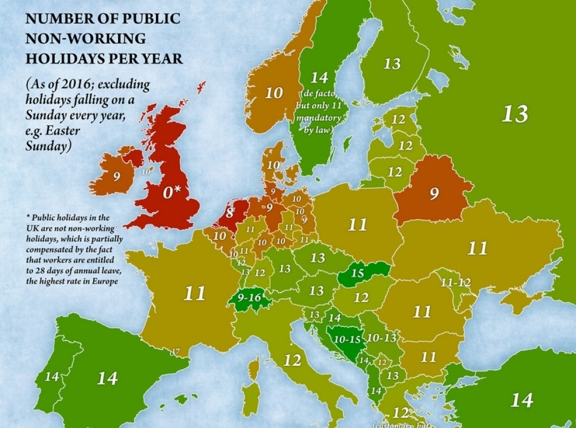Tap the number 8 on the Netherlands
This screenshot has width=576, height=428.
(229, 213)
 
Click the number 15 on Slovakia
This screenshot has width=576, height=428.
(357, 273)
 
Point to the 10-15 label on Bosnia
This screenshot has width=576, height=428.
(347, 340)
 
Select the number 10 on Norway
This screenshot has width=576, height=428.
(274, 92)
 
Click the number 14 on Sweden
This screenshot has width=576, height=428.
(319, 77)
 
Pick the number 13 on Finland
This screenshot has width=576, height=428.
(392, 63)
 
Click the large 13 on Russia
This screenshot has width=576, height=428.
(514, 114)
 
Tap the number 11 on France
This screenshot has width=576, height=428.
(194, 293)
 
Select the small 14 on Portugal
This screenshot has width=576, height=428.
(52, 377)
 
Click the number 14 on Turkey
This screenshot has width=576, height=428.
(521, 399)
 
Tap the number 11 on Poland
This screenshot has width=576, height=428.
(357, 224)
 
